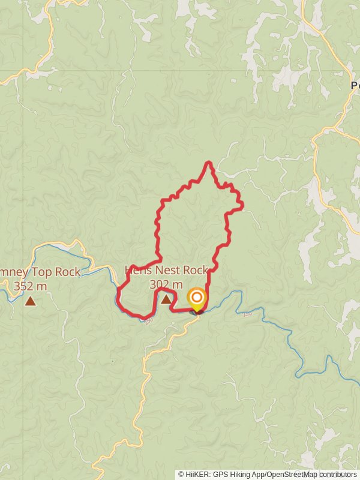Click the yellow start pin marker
click(196, 298)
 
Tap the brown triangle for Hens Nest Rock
click(166, 298)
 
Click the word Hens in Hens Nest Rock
click(137, 271)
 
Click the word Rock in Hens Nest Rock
click(195, 271)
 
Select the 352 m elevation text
click(30, 286)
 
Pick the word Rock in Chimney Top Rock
click(67, 272)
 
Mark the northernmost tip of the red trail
click(208, 162)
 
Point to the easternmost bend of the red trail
click(242, 207)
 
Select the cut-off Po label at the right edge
click(355, 85)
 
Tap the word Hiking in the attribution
click(246, 474)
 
